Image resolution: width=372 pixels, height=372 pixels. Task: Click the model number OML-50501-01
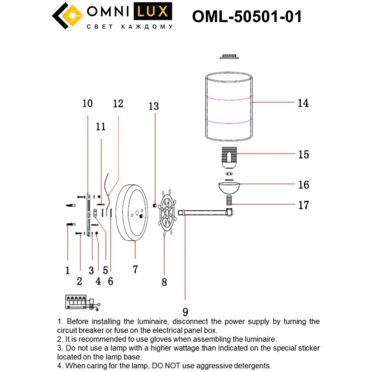tap(247, 17)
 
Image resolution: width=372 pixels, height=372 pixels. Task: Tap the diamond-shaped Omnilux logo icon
tap(67, 17)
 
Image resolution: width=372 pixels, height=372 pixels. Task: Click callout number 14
tap(303, 103)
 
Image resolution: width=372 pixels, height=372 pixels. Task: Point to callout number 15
tap(303, 155)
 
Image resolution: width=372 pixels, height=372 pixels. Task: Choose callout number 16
tap(303, 185)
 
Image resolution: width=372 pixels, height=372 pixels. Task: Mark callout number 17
tap(303, 205)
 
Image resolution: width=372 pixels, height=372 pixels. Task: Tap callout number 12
tap(118, 103)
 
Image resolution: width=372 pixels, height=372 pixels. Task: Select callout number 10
tap(87, 103)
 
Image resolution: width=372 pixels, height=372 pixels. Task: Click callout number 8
tap(164, 281)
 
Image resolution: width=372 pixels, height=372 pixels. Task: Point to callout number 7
tap(135, 269)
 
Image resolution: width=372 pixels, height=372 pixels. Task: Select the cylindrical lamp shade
tap(229, 102)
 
